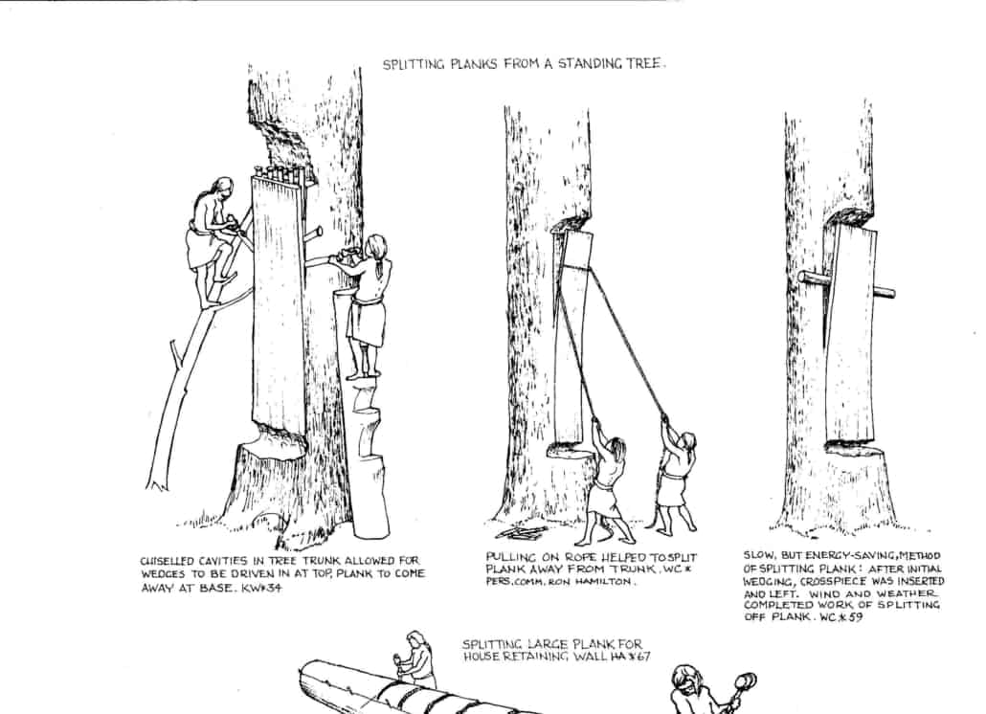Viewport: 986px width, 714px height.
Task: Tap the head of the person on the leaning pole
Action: click(x=221, y=189)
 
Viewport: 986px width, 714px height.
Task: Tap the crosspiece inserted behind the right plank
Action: click(x=847, y=285)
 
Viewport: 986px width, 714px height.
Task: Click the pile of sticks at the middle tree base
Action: click(x=521, y=531)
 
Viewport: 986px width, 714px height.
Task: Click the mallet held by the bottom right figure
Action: click(x=743, y=683)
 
